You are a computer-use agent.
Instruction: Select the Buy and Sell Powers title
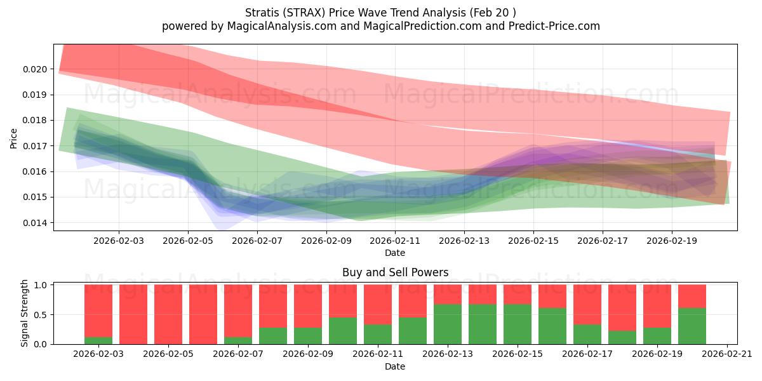pyautogui.click(x=395, y=272)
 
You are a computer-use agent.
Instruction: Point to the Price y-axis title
pyautogui.click(x=13, y=138)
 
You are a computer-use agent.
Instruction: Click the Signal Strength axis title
pyautogui.click(x=25, y=313)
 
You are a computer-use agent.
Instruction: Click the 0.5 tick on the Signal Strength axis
pyautogui.click(x=40, y=315)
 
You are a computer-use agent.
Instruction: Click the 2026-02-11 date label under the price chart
pyautogui.click(x=395, y=241)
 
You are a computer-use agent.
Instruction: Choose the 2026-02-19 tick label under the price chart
pyautogui.click(x=672, y=241)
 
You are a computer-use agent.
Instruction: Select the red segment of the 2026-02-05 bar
pyautogui.click(x=168, y=314)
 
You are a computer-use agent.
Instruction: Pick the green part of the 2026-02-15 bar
pyautogui.click(x=518, y=324)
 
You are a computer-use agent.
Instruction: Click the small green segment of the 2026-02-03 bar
pyautogui.click(x=98, y=340)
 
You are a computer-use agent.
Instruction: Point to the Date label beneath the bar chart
pyautogui.click(x=395, y=366)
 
